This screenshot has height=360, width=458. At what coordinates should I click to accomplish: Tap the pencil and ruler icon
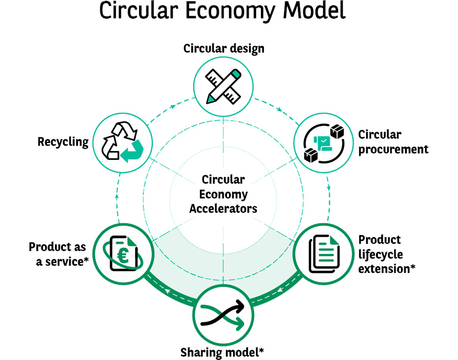tap(223, 85)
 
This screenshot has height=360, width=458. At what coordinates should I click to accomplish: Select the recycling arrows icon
tap(122, 142)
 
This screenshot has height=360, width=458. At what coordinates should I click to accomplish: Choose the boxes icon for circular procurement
tap(323, 143)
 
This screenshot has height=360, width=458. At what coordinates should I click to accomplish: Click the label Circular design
tap(224, 48)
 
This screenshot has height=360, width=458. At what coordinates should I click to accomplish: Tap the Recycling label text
tap(63, 142)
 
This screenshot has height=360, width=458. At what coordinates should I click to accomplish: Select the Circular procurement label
tap(393, 142)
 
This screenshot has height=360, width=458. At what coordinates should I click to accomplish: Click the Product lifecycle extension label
tap(387, 254)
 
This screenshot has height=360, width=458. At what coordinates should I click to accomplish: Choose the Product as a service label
tap(58, 254)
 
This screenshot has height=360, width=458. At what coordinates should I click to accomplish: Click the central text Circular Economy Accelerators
tap(223, 194)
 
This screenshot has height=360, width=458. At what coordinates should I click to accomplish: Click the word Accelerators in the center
tap(223, 208)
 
